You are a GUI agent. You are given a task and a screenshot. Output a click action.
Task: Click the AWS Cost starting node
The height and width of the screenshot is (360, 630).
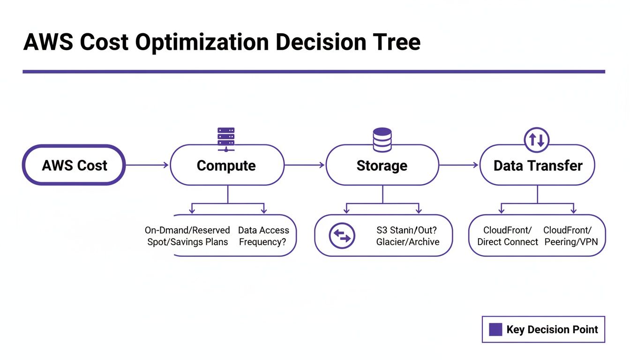[74, 165]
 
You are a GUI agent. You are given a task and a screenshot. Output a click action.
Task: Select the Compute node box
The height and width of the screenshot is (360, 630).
[227, 165]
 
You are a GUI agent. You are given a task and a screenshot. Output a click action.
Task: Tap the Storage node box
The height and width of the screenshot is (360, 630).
[382, 165]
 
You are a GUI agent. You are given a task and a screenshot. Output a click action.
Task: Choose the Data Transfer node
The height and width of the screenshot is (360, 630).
[538, 165]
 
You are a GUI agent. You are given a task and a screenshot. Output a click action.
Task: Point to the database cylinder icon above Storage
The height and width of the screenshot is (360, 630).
[382, 139]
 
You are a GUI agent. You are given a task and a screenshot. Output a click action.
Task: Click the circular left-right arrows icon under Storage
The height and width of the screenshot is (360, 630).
[342, 235]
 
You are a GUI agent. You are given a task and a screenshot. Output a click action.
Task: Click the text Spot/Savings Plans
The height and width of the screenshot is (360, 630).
[187, 242]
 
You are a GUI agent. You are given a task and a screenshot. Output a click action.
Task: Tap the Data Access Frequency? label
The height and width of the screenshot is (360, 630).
[263, 236]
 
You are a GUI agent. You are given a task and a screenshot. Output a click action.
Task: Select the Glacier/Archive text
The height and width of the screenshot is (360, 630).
[408, 242]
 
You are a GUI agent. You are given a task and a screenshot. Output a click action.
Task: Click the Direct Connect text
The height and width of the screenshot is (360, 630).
[508, 242]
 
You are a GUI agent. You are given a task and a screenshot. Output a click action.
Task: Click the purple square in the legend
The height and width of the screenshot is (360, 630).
[495, 329]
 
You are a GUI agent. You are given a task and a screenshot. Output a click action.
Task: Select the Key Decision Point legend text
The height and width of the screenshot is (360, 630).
[552, 329]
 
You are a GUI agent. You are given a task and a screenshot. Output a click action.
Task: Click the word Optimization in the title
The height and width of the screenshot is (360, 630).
[202, 42]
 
